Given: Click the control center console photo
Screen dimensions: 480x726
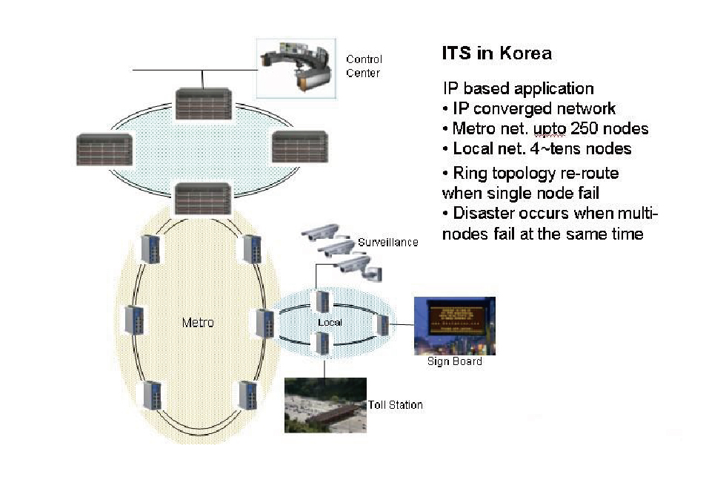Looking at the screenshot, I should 296,68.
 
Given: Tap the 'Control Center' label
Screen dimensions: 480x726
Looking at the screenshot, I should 363,66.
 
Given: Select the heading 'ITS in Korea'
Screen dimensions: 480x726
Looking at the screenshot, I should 496,53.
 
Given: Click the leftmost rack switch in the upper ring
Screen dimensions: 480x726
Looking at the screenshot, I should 104,148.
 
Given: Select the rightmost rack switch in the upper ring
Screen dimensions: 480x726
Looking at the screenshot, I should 300,147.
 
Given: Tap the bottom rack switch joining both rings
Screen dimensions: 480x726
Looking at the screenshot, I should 203,198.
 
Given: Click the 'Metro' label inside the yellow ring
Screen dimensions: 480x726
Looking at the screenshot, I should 198,323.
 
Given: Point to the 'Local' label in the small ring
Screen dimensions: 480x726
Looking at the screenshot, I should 329,323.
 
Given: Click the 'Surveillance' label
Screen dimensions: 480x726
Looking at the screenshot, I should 387,243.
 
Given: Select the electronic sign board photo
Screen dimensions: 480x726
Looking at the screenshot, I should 454,326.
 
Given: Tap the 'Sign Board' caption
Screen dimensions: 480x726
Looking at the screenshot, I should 454,361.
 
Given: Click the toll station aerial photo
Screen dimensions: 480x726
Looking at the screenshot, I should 325,405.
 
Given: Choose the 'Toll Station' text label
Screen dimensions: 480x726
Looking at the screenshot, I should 396,405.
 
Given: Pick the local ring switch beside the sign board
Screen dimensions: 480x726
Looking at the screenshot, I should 382,324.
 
